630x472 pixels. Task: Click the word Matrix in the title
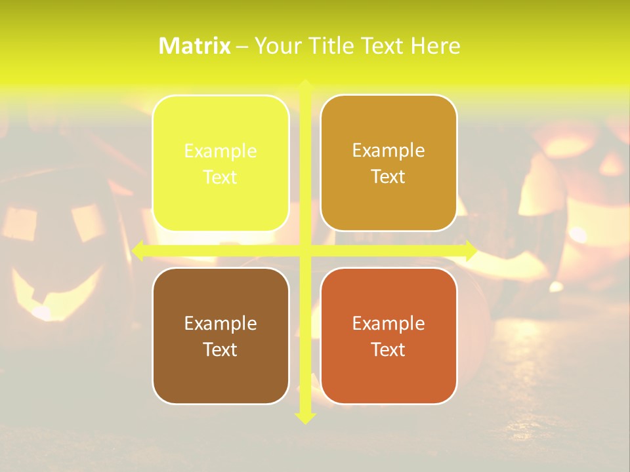195,46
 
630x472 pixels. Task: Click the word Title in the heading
331,46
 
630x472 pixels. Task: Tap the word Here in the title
435,46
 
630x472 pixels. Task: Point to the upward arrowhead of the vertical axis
304,85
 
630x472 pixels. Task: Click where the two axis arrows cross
304,250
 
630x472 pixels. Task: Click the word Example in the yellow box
220,151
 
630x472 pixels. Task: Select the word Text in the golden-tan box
388,177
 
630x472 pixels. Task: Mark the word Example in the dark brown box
220,323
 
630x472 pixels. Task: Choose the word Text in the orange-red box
388,349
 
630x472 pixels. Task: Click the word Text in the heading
382,46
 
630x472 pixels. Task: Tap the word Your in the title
276,46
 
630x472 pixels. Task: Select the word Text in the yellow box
220,177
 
